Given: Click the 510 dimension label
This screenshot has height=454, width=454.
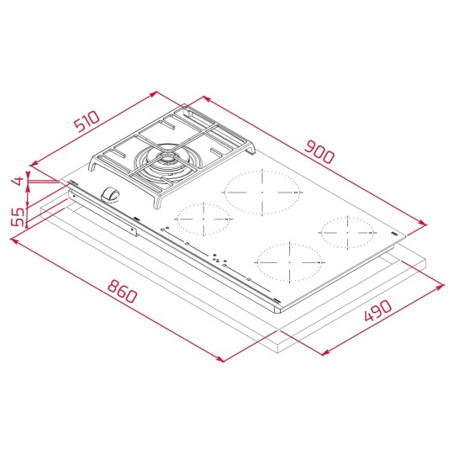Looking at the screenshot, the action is pyautogui.click(x=87, y=121).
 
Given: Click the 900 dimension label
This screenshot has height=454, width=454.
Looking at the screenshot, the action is pyautogui.click(x=319, y=151).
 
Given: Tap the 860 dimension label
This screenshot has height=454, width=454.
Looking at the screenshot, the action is pyautogui.click(x=122, y=291).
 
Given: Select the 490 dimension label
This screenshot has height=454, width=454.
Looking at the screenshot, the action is pyautogui.click(x=377, y=310).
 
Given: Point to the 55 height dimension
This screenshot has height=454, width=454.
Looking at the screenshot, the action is pyautogui.click(x=18, y=217).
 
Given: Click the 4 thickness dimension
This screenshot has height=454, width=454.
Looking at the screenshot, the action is pyautogui.click(x=18, y=181).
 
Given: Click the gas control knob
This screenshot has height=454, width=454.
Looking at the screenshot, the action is pyautogui.click(x=110, y=194).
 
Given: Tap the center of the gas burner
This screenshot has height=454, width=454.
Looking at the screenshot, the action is pyautogui.click(x=167, y=162).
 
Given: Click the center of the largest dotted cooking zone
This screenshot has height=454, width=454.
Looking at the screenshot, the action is pyautogui.click(x=262, y=193).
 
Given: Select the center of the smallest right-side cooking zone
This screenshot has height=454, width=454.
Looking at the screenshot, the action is pyautogui.click(x=347, y=232).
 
